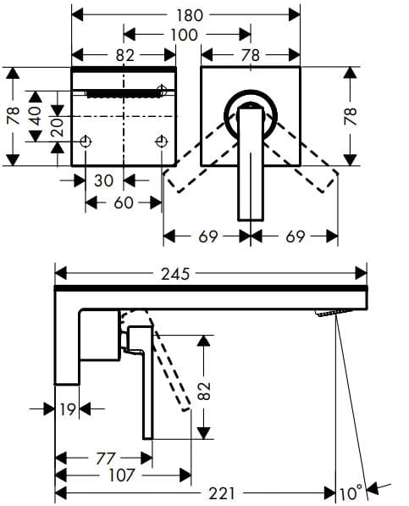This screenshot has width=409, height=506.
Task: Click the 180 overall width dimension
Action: point(186,14)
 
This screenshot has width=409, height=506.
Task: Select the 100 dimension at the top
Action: point(183,35)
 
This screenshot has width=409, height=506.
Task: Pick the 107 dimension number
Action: point(121,475)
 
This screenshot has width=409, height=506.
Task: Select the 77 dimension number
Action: point(106,458)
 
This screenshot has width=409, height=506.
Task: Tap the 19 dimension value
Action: point(69,409)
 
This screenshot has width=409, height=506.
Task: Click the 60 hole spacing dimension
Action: point(124,203)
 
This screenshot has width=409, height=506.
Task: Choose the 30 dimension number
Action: point(105,181)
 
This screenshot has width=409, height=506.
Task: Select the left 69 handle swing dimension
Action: point(207,236)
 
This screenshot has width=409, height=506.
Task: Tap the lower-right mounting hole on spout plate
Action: point(162,142)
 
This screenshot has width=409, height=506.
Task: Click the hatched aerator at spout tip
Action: point(332,313)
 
